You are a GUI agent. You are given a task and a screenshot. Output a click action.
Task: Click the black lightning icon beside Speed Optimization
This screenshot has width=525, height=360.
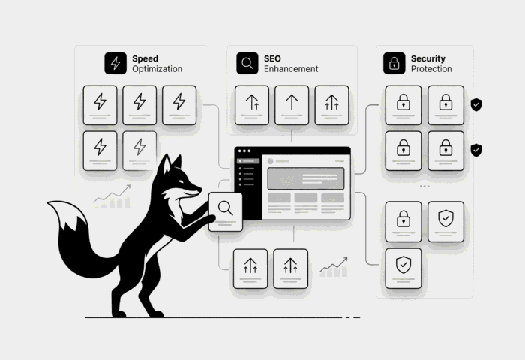(x=115, y=63)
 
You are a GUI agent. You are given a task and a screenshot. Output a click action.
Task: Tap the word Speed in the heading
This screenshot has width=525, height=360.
(x=145, y=58)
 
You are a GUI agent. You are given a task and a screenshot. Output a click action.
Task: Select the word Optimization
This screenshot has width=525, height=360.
(x=157, y=69)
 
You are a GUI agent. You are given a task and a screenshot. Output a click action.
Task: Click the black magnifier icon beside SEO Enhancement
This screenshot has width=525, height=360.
(x=247, y=63)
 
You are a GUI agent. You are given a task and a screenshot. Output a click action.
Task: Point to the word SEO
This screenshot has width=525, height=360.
(x=272, y=58)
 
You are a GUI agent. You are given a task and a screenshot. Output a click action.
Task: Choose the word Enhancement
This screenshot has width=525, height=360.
(x=291, y=69)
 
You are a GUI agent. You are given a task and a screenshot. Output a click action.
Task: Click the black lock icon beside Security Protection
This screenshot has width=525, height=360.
(x=394, y=63)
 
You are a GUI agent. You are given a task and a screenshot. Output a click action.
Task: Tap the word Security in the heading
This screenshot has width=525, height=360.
(x=427, y=58)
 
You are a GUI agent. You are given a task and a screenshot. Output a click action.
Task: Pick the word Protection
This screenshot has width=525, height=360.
(x=431, y=69)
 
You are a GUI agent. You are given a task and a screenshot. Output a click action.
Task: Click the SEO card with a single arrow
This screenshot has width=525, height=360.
(x=292, y=104)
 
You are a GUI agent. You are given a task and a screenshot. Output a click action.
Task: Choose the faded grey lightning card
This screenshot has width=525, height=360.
(x=139, y=148)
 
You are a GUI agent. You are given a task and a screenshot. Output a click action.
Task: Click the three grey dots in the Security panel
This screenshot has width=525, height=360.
(x=424, y=186)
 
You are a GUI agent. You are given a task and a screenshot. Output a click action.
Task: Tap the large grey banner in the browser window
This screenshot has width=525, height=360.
(x=305, y=178)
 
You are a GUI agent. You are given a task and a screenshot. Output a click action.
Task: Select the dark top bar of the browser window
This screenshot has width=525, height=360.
(x=292, y=152)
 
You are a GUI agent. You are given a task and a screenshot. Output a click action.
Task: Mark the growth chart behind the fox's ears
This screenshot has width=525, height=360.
(x=111, y=196)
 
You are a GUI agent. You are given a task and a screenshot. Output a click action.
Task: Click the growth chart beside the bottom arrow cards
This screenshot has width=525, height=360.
(x=333, y=267)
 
